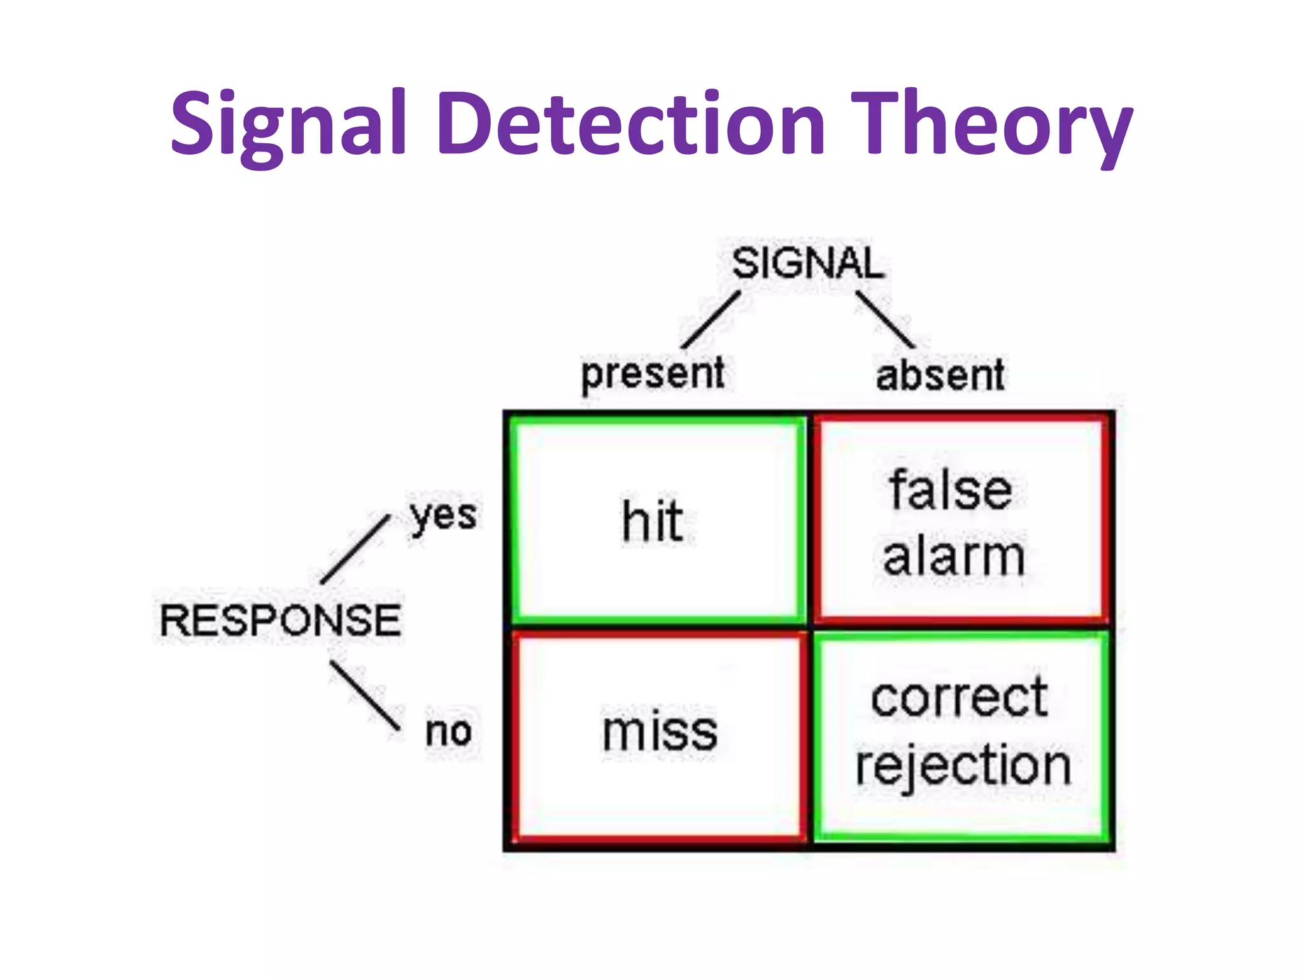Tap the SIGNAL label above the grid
(x=807, y=263)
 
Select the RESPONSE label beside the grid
(x=280, y=620)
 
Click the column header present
(x=653, y=374)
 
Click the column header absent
(x=940, y=376)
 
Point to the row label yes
(x=443, y=516)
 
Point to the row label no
(x=448, y=731)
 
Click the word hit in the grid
(x=653, y=522)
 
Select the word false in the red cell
(x=951, y=490)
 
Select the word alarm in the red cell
(x=953, y=556)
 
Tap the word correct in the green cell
(x=958, y=698)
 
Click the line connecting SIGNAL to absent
(x=885, y=320)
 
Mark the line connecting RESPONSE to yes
(x=355, y=549)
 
